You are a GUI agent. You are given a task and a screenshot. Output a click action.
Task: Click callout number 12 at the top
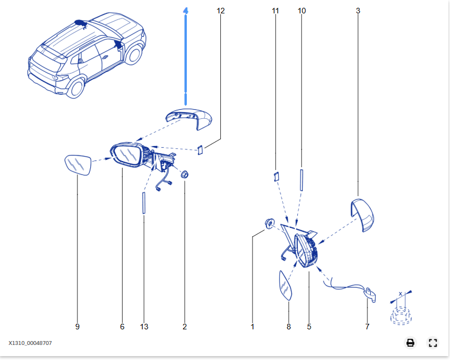click(220, 11)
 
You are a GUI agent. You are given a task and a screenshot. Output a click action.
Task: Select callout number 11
click(275, 11)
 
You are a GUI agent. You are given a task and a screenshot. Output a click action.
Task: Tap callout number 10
click(302, 11)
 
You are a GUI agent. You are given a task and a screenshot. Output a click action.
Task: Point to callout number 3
click(358, 11)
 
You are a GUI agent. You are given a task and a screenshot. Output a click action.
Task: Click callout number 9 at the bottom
click(78, 327)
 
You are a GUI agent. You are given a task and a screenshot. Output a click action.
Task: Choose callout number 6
click(122, 327)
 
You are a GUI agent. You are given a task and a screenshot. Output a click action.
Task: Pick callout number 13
click(144, 327)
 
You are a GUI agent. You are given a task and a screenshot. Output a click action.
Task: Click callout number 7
click(367, 327)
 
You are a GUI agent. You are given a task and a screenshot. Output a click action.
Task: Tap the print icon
click(410, 343)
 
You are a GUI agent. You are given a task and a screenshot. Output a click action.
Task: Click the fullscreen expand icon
click(433, 343)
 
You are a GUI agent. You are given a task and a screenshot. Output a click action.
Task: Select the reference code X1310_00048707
click(30, 343)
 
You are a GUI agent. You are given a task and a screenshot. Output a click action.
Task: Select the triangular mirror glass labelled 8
click(286, 285)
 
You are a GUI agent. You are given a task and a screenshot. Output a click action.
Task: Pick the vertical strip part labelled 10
click(302, 180)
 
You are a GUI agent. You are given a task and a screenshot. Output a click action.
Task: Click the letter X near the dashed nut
click(400, 293)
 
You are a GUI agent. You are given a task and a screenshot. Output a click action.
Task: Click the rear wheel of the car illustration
click(75, 88)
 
